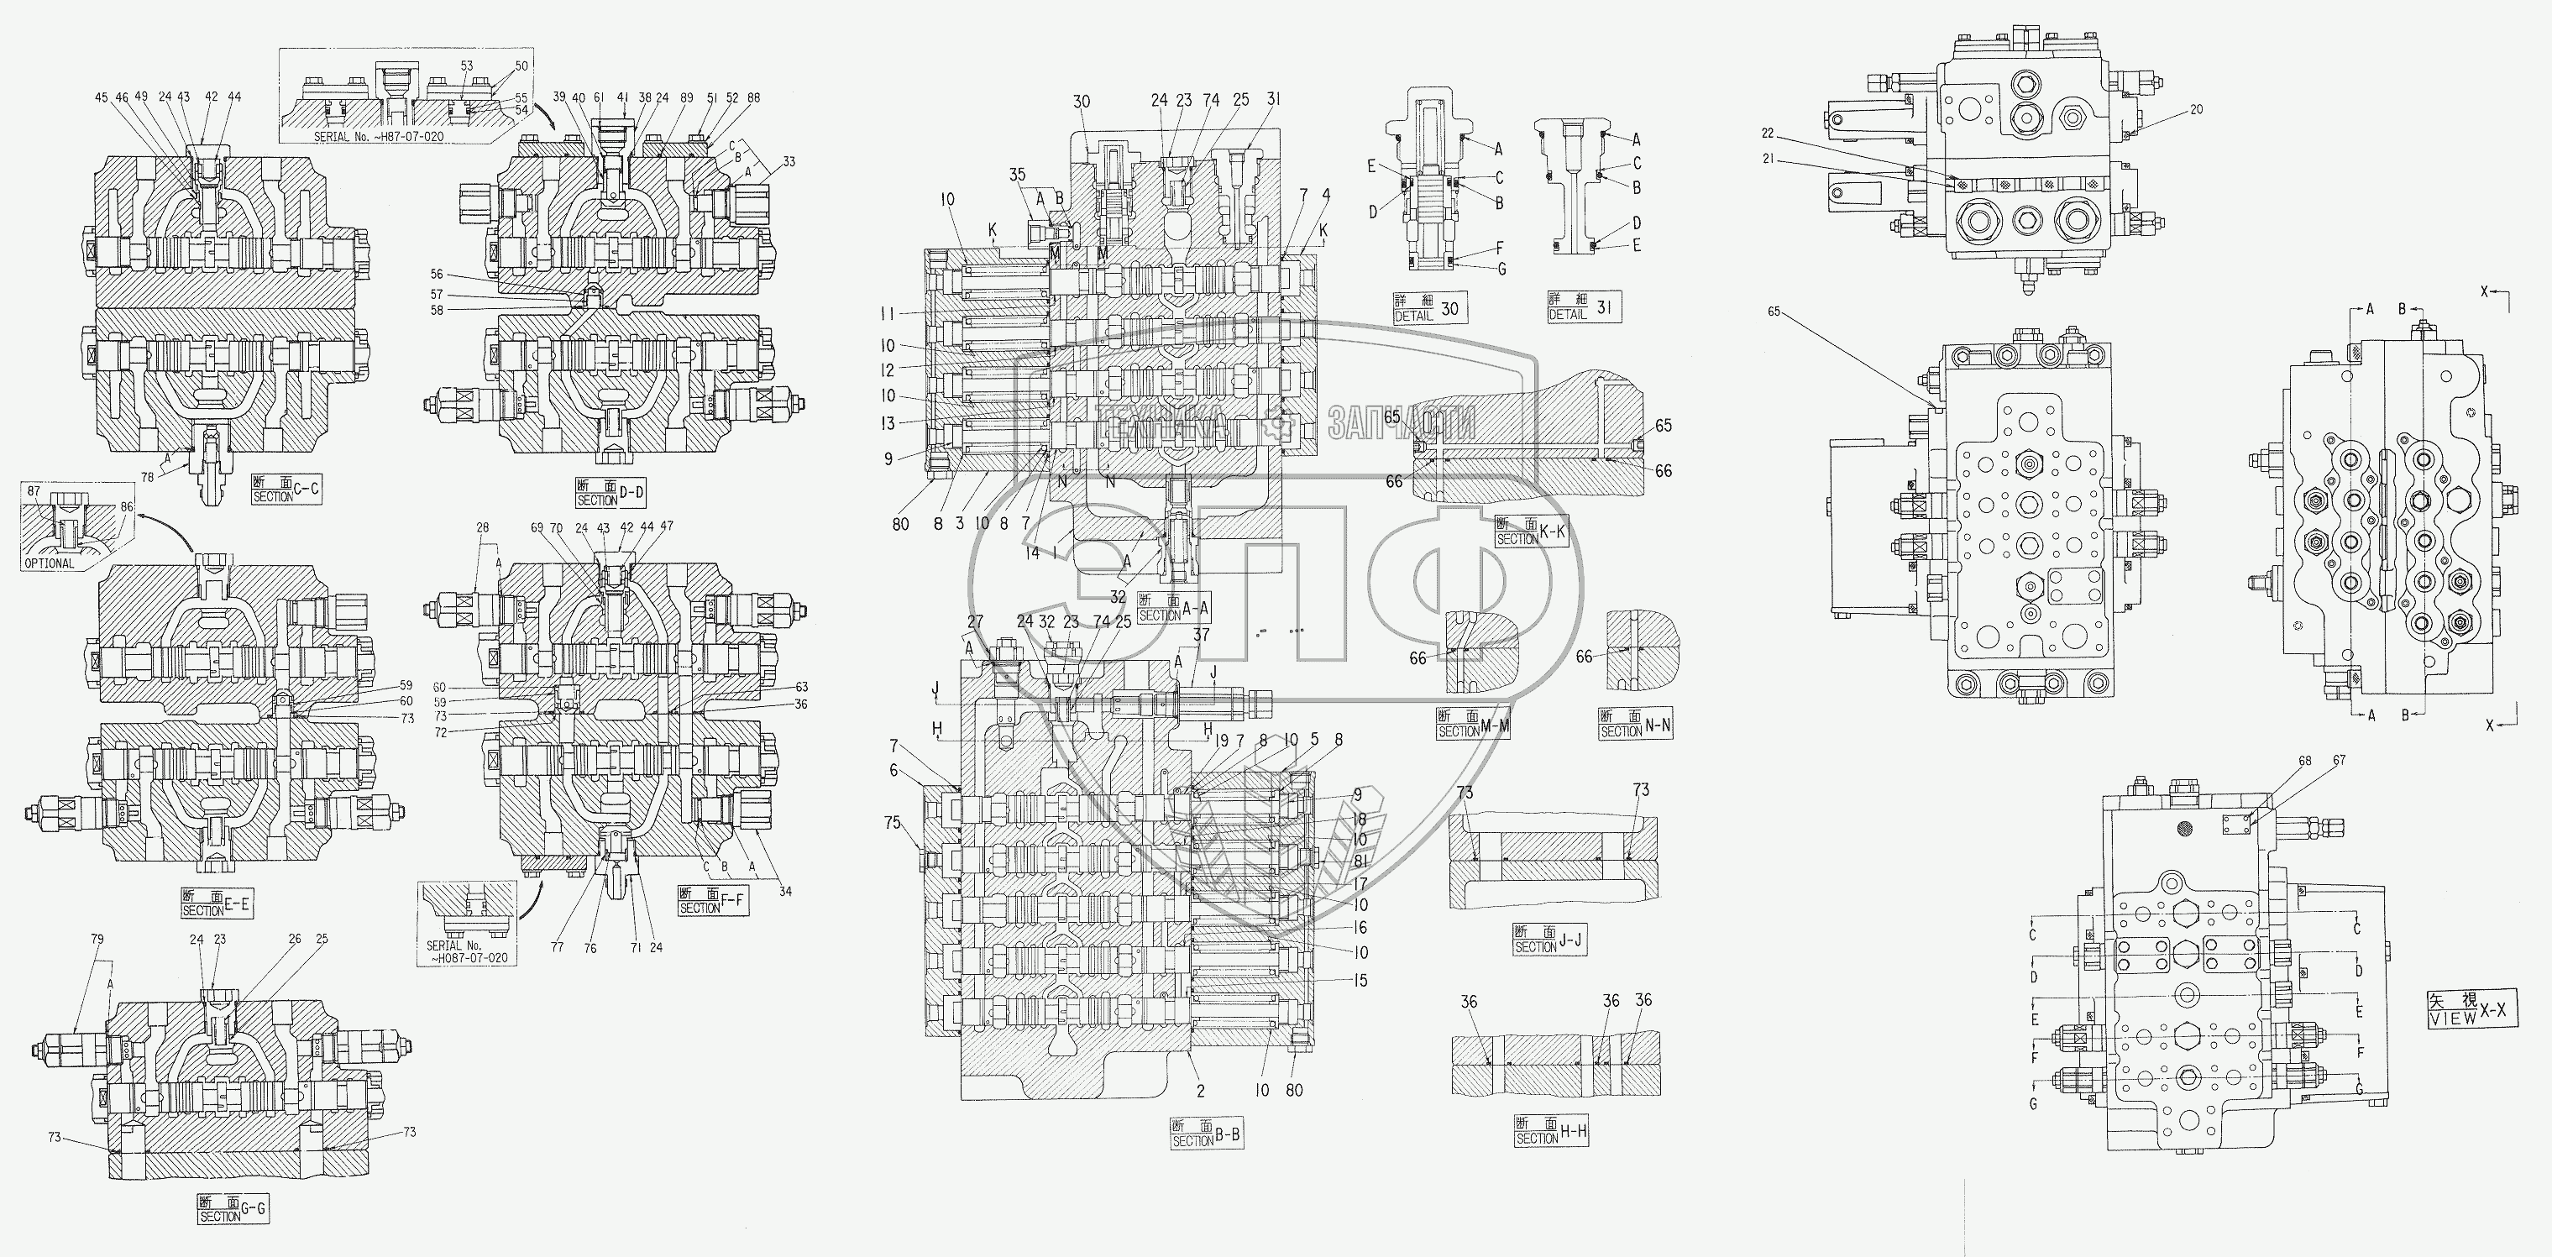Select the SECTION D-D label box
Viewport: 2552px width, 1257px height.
pyautogui.click(x=610, y=492)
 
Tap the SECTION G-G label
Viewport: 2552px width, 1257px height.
pyautogui.click(x=233, y=1208)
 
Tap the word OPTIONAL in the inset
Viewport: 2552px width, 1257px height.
pyautogui.click(x=50, y=563)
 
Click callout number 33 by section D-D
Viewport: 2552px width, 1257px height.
pyautogui.click(x=789, y=161)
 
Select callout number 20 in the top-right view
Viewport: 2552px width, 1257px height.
pyautogui.click(x=2196, y=110)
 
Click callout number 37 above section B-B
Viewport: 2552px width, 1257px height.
pyautogui.click(x=1201, y=635)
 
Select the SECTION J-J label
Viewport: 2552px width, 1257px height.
pyautogui.click(x=1549, y=940)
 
